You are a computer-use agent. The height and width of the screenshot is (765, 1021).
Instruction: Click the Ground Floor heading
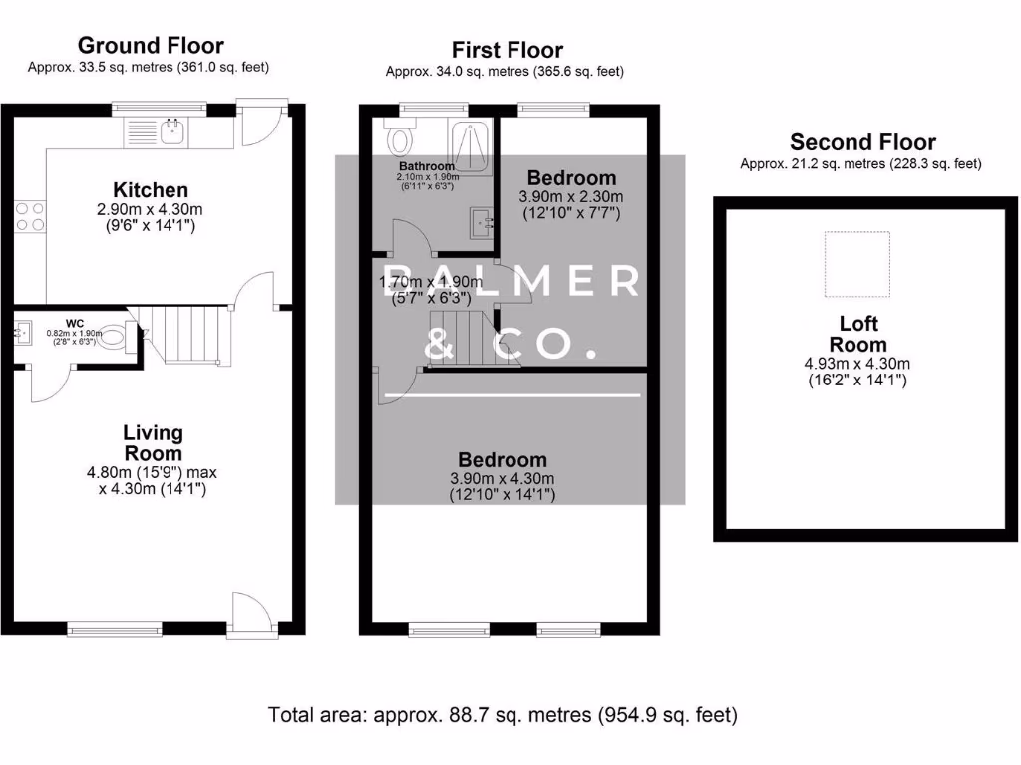coord(151,45)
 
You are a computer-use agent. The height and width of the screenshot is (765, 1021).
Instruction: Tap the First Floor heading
coord(507,50)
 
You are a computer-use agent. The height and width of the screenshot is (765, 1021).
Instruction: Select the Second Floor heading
coord(862,142)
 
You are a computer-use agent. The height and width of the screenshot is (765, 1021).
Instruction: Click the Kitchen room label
coord(151,190)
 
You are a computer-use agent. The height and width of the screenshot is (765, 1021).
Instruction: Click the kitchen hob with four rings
coord(29,216)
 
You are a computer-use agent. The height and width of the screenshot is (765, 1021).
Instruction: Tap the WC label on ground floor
coord(73,322)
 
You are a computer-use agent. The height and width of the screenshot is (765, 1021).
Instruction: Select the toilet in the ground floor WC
coord(115,336)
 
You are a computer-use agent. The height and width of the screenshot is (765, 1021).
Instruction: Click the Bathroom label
coord(427,166)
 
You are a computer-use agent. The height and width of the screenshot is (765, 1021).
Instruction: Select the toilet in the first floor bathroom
coord(402,136)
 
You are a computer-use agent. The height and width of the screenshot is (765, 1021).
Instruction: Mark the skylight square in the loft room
coord(857,264)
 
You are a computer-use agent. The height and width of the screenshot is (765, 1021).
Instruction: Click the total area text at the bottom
coord(503,714)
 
